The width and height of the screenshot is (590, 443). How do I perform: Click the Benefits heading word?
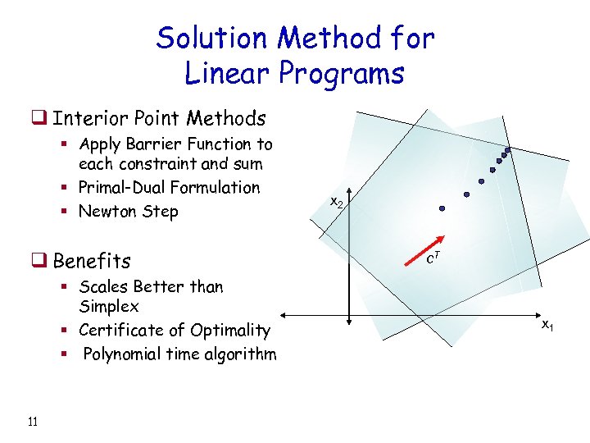[92, 262]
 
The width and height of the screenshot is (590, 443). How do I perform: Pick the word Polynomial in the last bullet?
[125, 354]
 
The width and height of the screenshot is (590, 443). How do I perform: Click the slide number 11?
[33, 422]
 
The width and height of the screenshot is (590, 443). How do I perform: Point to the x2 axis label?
[337, 201]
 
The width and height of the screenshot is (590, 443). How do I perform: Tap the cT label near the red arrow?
[435, 259]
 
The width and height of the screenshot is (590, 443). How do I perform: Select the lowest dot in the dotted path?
[442, 209]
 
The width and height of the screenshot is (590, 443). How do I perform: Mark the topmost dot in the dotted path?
[507, 150]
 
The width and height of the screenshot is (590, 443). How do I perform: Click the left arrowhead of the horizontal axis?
[284, 315]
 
